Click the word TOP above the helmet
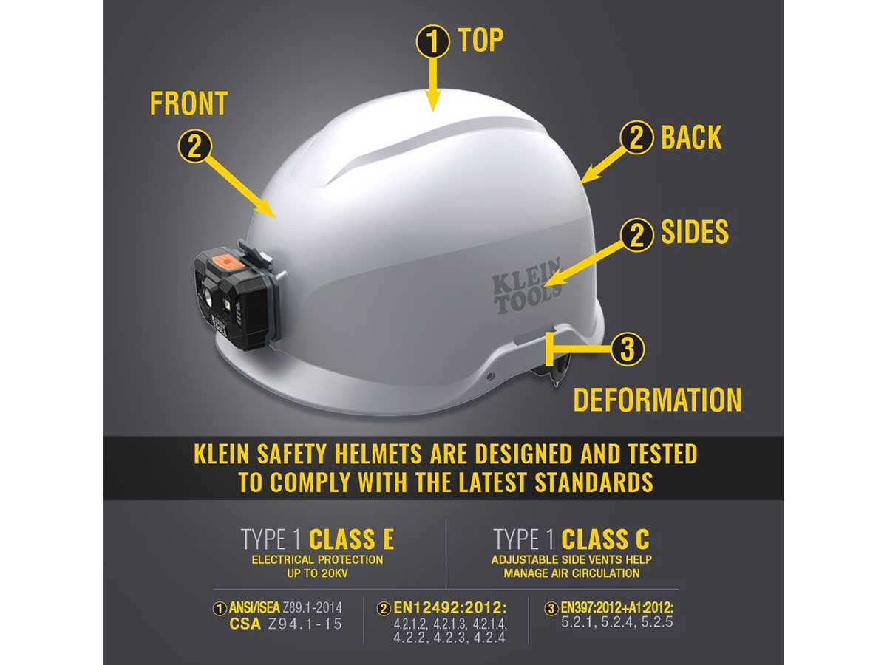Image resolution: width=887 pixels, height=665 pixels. pyautogui.click(x=481, y=41)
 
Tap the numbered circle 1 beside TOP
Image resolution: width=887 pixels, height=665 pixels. pyautogui.click(x=433, y=41)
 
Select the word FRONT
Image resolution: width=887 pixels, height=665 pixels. pyautogui.click(x=188, y=103)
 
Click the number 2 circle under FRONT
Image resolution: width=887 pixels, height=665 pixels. pyautogui.click(x=195, y=146)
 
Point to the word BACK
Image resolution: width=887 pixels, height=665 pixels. pyautogui.click(x=691, y=137)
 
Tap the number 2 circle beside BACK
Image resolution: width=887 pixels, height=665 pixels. pyautogui.click(x=636, y=137)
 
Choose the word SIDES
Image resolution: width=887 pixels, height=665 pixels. pyautogui.click(x=695, y=232)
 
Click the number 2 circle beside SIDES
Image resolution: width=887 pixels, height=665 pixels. pyautogui.click(x=637, y=235)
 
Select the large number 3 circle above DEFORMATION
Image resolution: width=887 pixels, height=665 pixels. pyautogui.click(x=627, y=349)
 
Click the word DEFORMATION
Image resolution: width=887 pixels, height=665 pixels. pyautogui.click(x=657, y=400)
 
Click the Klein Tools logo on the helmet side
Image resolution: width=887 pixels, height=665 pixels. pyautogui.click(x=526, y=286)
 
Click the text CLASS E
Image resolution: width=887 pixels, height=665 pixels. pyautogui.click(x=351, y=539)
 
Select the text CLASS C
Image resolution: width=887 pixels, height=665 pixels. pyautogui.click(x=605, y=539)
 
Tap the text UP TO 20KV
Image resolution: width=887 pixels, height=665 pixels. pyautogui.click(x=317, y=573)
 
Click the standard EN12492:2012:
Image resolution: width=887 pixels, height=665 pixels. pyautogui.click(x=450, y=607)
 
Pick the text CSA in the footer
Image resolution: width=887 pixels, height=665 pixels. pyautogui.click(x=245, y=624)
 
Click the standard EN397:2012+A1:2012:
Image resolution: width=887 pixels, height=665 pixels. pyautogui.click(x=616, y=607)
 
